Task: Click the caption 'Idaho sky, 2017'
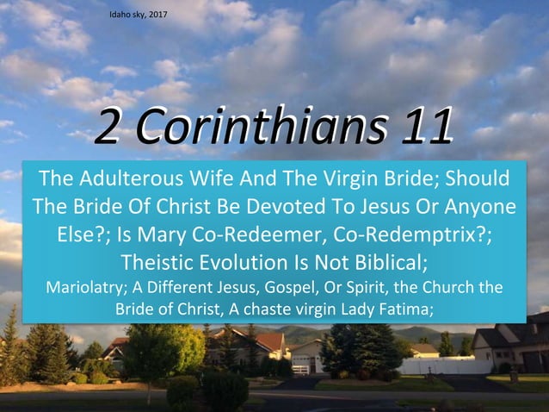click(x=139, y=16)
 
